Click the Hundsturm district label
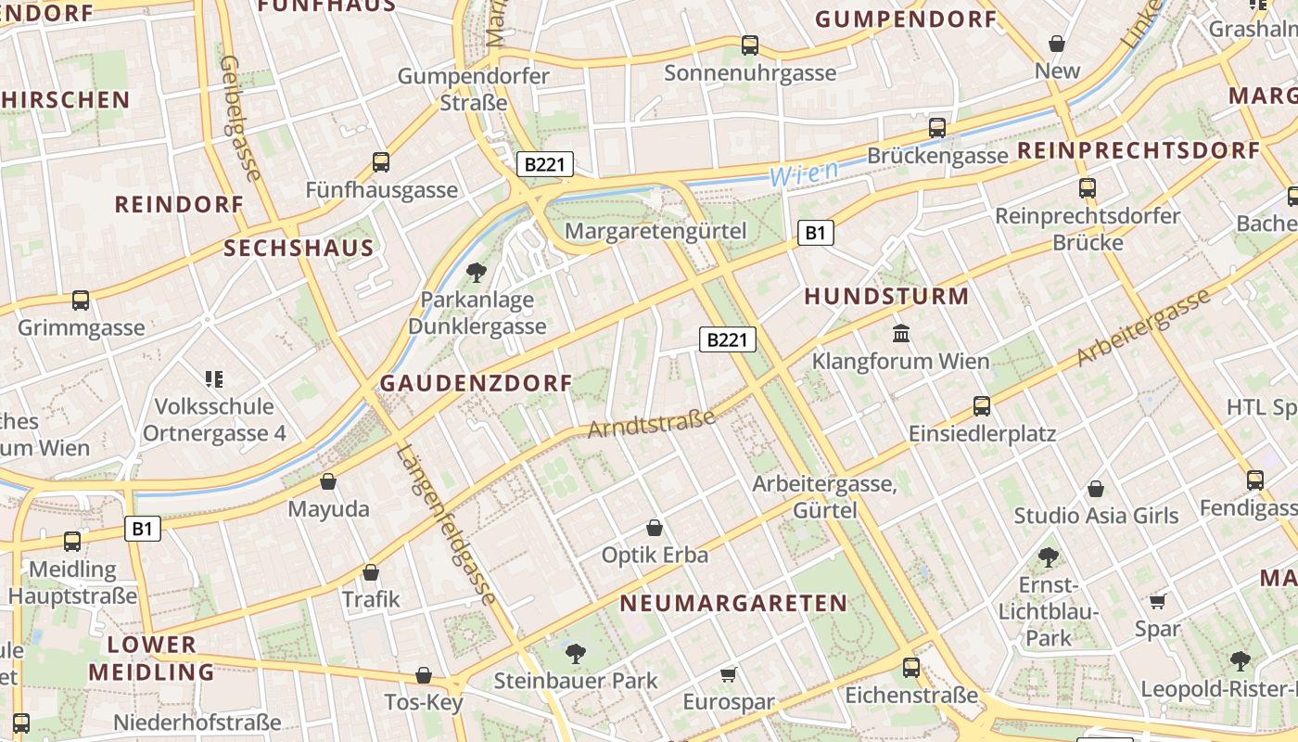point(886,297)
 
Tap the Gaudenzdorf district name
point(477,383)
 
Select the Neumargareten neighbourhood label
point(733,604)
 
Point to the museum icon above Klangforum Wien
point(900,333)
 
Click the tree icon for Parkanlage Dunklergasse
point(477,272)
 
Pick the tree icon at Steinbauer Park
point(575,653)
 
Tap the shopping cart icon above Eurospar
point(729,674)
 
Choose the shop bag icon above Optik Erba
point(655,528)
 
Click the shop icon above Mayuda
point(328,481)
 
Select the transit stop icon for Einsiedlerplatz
point(981,405)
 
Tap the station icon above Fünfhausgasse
point(381,161)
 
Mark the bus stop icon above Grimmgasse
point(81,300)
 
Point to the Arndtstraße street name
point(652,423)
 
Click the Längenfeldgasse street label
point(447,525)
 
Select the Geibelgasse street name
point(240,117)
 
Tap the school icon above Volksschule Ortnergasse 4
point(214,378)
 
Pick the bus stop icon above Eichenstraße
point(911,667)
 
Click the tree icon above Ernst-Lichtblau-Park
point(1048,556)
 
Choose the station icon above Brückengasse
point(937,127)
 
